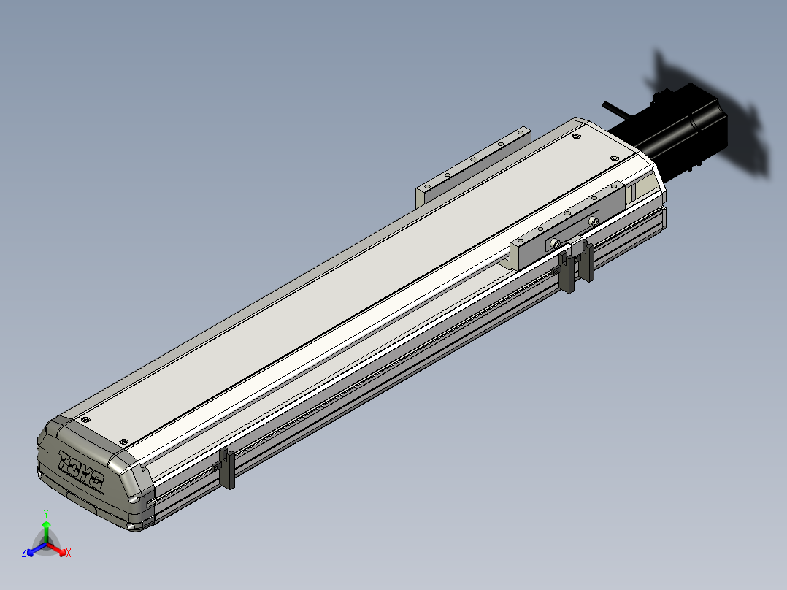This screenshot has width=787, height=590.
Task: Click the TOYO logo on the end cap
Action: tap(81, 469)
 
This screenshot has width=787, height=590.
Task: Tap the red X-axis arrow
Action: tap(57, 549)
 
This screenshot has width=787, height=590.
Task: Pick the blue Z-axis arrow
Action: tap(37, 549)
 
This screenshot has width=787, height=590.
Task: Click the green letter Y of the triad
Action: tap(46, 513)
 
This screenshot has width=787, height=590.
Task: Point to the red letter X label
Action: tap(69, 553)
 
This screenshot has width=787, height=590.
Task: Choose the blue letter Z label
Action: tap(24, 552)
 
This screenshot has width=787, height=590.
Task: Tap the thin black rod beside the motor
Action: tap(615, 110)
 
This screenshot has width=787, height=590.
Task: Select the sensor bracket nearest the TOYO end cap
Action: tap(227, 469)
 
